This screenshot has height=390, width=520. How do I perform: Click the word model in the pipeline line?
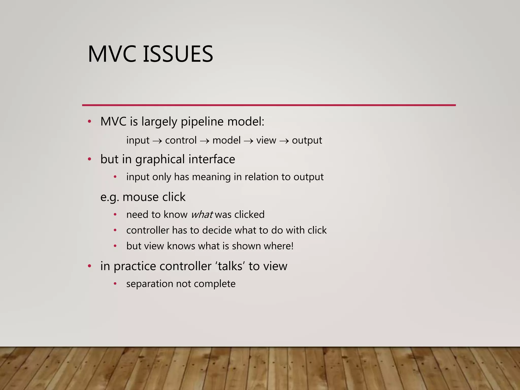pos(226,140)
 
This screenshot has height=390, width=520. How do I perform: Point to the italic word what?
pos(202,215)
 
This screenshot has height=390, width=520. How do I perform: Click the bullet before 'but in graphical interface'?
pos(89,159)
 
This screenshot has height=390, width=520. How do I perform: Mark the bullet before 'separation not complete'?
pos(115,284)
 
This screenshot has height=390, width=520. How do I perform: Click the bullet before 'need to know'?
pos(115,215)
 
